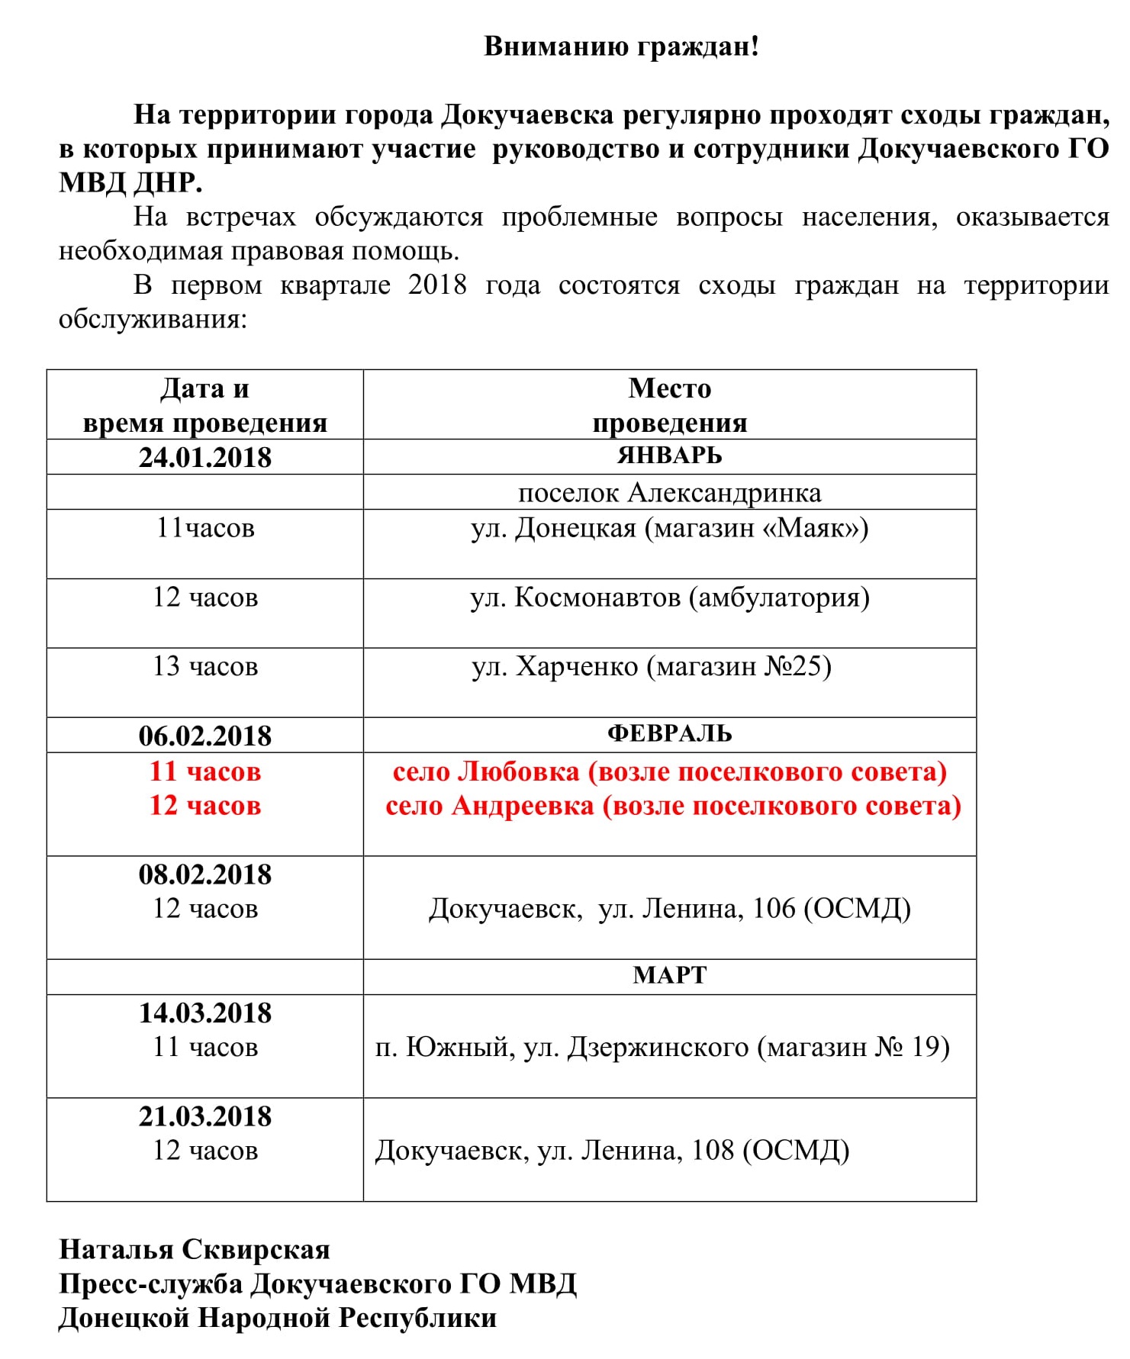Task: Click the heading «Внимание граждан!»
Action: click(x=621, y=47)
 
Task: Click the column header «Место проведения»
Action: click(x=669, y=405)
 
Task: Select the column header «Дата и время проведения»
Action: click(x=204, y=405)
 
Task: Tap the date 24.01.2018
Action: click(x=204, y=457)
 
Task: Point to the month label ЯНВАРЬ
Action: click(x=669, y=456)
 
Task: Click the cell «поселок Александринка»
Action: click(x=669, y=493)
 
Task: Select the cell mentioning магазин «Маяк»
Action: click(x=669, y=528)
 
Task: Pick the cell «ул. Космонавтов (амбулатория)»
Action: click(x=669, y=597)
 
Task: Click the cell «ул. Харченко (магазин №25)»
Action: click(x=651, y=667)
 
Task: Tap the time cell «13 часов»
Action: click(x=204, y=667)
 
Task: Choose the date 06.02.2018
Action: click(x=204, y=736)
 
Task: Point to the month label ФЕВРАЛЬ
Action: click(x=669, y=734)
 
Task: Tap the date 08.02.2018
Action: click(x=204, y=874)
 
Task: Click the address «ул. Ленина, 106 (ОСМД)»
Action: click(x=754, y=909)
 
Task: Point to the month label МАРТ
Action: click(x=669, y=976)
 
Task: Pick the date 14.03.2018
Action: click(x=204, y=1013)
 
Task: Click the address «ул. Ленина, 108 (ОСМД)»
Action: click(x=693, y=1151)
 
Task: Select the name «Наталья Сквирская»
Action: click(x=195, y=1250)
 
